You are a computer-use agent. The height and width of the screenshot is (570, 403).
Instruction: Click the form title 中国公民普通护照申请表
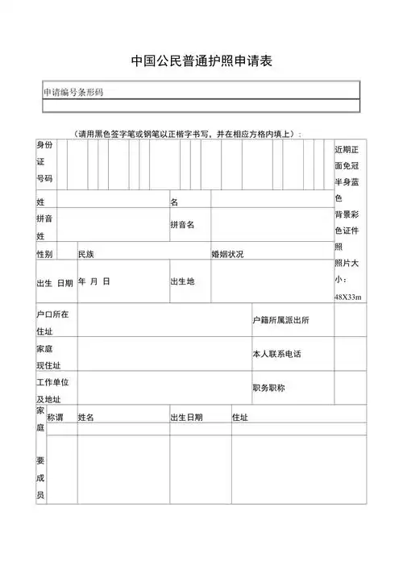[201, 61]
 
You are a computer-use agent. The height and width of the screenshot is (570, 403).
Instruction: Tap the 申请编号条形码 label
[73, 92]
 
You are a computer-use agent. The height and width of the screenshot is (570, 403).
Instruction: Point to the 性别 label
[45, 254]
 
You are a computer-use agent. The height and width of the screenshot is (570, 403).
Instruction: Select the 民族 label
[86, 254]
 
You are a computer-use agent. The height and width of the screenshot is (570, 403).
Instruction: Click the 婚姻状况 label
[228, 254]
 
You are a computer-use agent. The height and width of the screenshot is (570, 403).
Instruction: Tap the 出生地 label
[182, 281]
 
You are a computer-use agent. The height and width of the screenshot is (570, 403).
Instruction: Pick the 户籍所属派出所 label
[280, 321]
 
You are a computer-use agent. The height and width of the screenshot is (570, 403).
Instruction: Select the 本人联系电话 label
[276, 354]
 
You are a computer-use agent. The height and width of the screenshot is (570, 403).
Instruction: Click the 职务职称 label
[268, 388]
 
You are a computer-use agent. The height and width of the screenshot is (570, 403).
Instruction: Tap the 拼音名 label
[182, 224]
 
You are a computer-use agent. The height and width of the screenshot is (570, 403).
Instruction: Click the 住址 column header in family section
[240, 417]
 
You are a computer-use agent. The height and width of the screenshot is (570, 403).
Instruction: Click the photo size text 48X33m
[348, 297]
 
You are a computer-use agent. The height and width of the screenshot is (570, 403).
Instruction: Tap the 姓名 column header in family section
[86, 417]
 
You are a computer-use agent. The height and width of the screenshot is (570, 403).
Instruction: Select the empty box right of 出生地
[270, 281]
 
